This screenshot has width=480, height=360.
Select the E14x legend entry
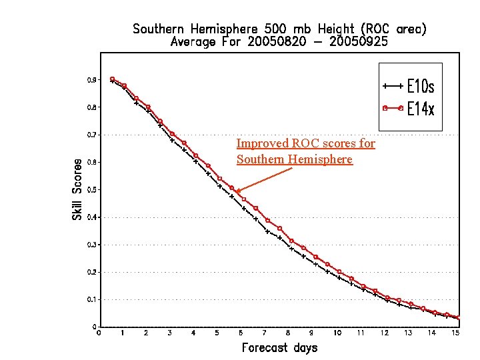421,109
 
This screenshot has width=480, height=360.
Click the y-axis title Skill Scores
78,189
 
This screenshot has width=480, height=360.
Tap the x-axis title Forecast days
279,347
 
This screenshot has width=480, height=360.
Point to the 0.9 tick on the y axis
91,80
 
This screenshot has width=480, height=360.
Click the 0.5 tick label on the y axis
91,190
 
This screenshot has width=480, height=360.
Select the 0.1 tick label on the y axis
91,300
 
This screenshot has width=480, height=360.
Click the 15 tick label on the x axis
455,333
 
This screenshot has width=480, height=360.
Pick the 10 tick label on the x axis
337,333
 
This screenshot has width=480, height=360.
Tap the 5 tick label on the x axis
217,333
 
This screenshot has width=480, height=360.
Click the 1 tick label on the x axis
123,333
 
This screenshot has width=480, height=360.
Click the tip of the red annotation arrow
236,192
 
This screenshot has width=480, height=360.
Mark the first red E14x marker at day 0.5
112,79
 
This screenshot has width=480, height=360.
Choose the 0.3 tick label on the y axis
91,245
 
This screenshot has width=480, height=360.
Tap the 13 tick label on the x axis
408,333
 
